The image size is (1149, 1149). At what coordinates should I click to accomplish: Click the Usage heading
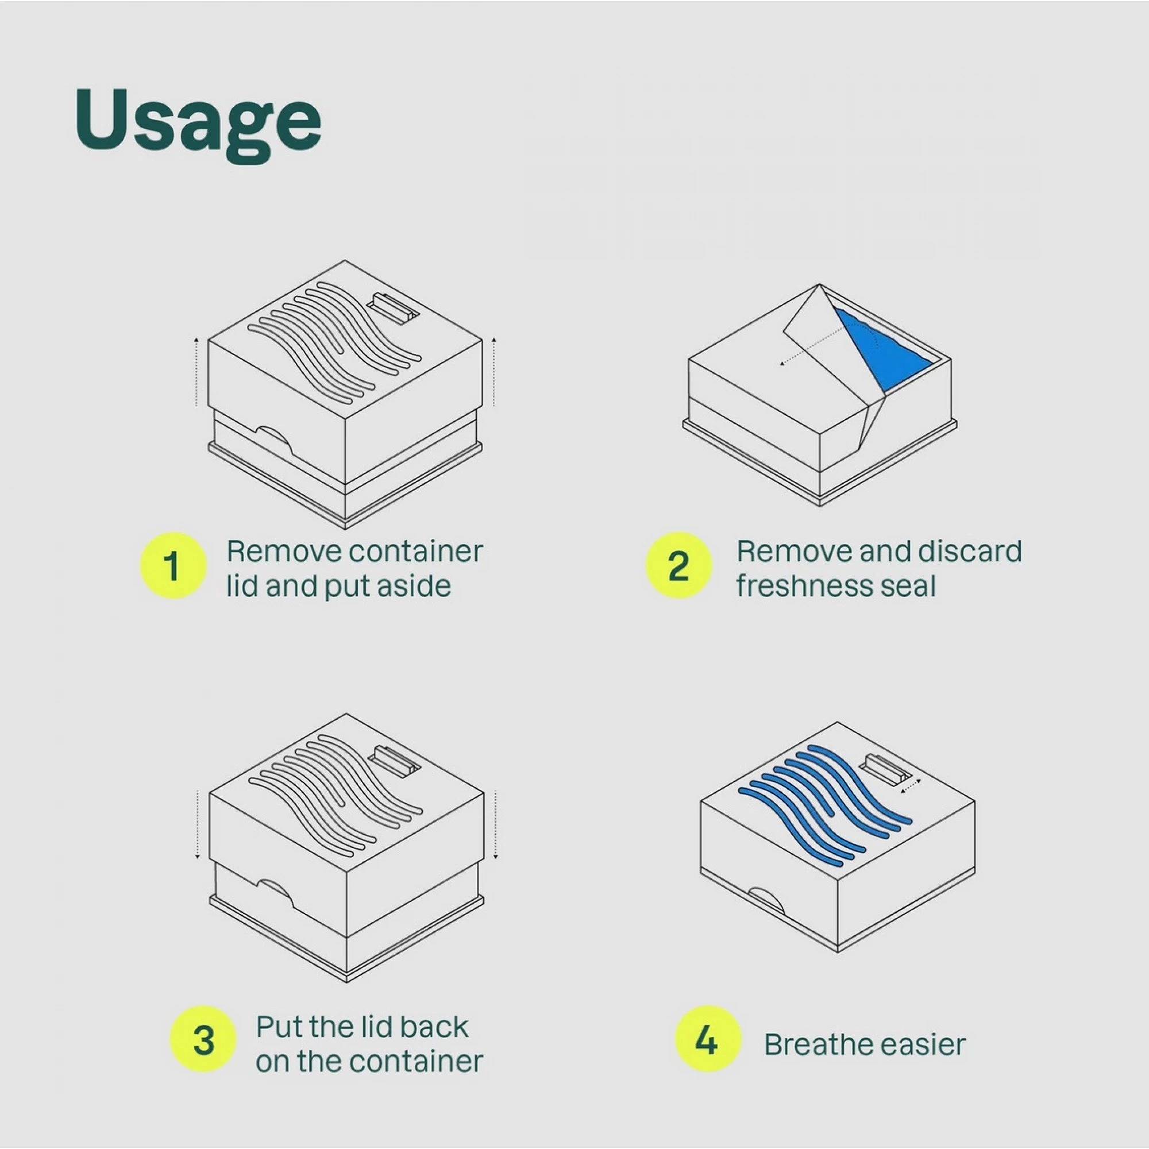[x=198, y=124]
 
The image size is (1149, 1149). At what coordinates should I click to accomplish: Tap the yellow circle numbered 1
[x=173, y=565]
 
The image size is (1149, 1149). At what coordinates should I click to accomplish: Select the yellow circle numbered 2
[x=678, y=565]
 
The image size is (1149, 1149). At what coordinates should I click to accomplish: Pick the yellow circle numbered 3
[x=203, y=1040]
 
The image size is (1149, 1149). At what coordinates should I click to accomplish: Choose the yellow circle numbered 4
[x=708, y=1040]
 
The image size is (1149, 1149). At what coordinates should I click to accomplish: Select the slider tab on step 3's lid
[x=394, y=762]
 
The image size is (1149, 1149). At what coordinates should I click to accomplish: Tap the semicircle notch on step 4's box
[x=766, y=899]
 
